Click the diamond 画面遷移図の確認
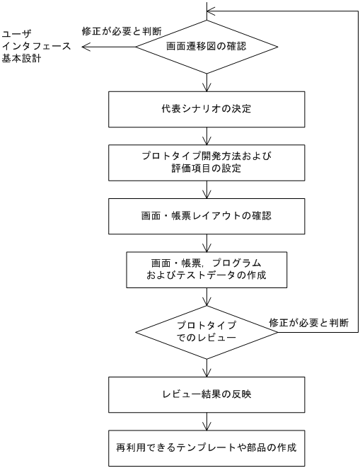tap(206, 49)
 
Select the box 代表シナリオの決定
tap(206, 109)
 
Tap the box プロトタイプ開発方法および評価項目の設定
tap(206, 162)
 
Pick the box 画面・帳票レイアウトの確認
tap(206, 215)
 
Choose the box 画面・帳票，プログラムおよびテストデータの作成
tap(206, 269)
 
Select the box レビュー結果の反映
tap(206, 394)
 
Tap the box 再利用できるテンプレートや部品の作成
tap(206, 447)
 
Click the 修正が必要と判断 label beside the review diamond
tap(308, 323)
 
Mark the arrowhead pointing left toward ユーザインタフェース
tap(85, 48)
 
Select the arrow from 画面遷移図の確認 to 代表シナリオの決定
tap(206, 84)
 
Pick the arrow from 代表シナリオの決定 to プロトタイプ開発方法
tap(206, 136)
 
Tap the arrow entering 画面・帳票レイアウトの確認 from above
tap(206, 189)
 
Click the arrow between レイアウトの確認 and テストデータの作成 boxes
tap(206, 242)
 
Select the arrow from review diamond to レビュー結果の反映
tap(206, 367)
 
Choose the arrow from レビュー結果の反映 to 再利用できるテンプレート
tap(206, 421)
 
